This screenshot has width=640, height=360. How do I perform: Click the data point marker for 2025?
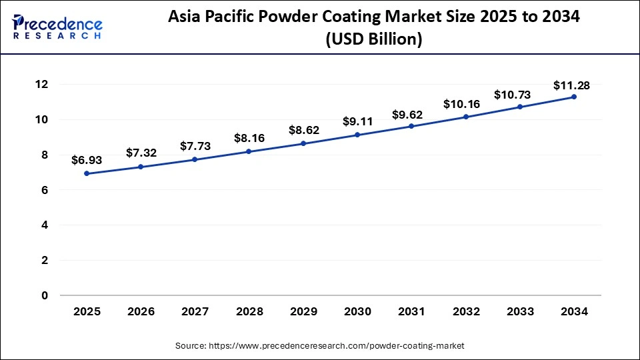click(x=87, y=173)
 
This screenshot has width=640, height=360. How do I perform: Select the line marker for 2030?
click(x=357, y=135)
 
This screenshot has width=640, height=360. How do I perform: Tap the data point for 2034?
click(x=574, y=97)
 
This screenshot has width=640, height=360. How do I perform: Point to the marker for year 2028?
click(x=249, y=151)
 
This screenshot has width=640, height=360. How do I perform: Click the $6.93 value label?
click(x=87, y=160)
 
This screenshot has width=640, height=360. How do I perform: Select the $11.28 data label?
click(x=571, y=85)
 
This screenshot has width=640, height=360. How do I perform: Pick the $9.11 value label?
click(x=357, y=121)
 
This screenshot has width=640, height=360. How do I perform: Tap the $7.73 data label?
click(x=195, y=146)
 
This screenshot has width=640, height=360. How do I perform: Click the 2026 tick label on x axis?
click(x=141, y=311)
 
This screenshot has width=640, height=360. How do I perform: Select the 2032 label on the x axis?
click(x=465, y=311)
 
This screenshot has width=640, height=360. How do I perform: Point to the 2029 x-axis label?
click(x=303, y=311)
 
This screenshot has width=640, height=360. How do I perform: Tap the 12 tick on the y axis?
click(x=42, y=85)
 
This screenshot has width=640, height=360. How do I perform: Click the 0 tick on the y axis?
click(x=45, y=295)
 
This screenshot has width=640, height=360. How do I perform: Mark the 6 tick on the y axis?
click(x=45, y=190)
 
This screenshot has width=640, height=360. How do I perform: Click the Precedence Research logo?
click(x=57, y=26)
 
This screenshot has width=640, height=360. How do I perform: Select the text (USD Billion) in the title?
click(x=373, y=40)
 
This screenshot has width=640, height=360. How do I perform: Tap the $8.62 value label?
click(x=303, y=130)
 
